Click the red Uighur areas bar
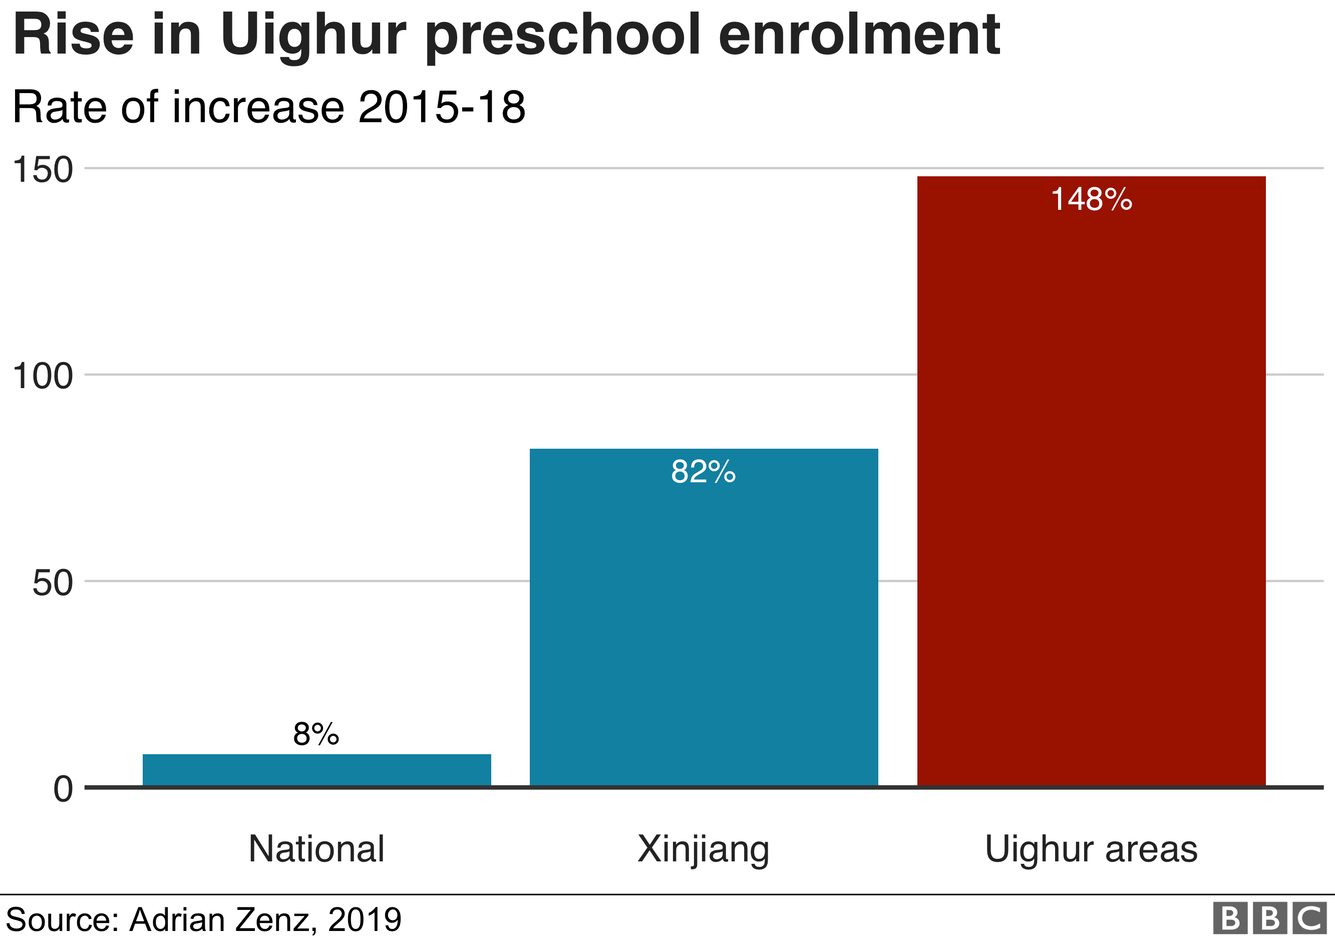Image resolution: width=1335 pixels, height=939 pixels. pos(1091,483)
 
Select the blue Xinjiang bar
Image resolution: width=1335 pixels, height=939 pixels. pos(704,619)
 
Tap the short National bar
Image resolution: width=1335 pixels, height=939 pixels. pos(316,770)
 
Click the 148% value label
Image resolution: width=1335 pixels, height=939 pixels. pos(1091,199)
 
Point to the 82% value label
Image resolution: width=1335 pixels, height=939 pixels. pos(703,472)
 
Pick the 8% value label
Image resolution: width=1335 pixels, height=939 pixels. pos(316,734)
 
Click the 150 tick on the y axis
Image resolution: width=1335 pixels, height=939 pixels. pos(43,170)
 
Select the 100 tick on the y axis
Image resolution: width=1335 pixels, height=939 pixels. pos(43,376)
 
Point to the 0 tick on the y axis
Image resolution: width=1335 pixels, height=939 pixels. pos(63,790)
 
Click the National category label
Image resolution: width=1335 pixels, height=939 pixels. pos(316,849)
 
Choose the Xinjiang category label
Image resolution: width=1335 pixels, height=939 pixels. pos(703,850)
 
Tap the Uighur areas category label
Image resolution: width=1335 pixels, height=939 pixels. pos(1091,849)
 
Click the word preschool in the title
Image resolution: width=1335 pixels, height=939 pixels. pos(563,36)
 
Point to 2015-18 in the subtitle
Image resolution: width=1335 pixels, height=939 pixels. pos(442,107)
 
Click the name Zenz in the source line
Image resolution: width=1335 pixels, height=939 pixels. pos(275,919)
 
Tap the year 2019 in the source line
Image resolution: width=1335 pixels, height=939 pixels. pos(365,919)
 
